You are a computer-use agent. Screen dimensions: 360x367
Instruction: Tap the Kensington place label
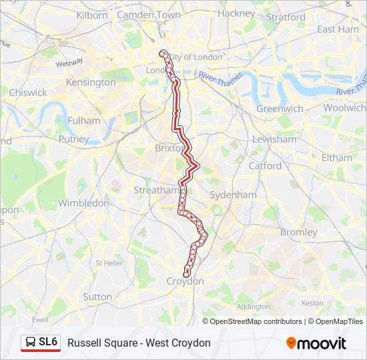91,83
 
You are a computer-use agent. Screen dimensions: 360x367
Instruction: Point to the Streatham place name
156,190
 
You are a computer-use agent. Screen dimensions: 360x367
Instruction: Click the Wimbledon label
83,203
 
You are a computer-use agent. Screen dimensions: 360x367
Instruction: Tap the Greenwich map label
280,108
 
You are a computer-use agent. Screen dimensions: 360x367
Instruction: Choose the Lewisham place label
274,139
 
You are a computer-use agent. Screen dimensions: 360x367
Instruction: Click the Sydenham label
233,195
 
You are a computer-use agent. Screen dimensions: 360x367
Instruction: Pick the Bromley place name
298,232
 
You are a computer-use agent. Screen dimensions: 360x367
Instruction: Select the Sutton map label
97,296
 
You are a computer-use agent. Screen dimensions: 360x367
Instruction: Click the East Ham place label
338,29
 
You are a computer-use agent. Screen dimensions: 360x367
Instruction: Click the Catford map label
265,165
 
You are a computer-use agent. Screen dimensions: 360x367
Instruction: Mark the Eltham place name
336,158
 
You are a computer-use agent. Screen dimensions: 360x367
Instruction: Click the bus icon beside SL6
30,343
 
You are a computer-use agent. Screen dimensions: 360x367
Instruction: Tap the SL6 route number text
48,343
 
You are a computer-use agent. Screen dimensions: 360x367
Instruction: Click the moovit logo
316,343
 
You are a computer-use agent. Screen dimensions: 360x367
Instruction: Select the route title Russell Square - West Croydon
139,343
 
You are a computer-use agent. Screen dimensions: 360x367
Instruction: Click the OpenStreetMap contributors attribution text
256,321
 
